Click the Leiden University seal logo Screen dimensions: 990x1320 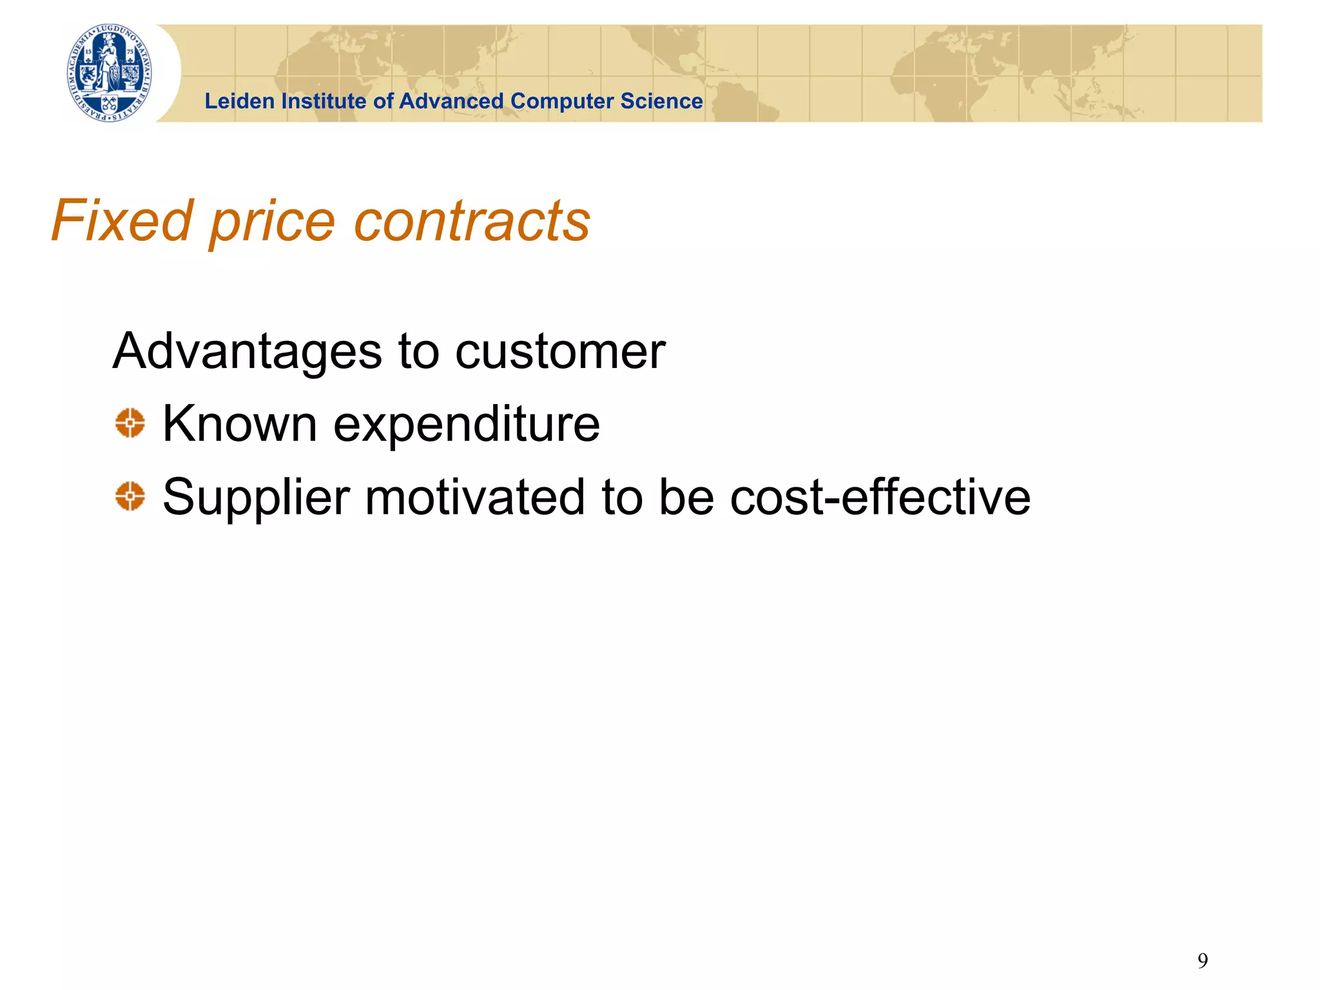click(110, 73)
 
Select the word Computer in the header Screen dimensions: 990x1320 click(561, 101)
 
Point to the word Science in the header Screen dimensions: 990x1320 click(661, 101)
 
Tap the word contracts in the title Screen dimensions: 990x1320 click(472, 220)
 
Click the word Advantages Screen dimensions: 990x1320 click(247, 352)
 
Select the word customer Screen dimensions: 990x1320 click(560, 352)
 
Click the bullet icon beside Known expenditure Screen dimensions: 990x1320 click(130, 423)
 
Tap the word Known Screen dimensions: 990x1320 click(240, 424)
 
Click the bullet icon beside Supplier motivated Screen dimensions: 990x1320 click(130, 496)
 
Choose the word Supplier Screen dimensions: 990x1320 click(256, 498)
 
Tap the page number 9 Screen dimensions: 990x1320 click(1203, 961)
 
